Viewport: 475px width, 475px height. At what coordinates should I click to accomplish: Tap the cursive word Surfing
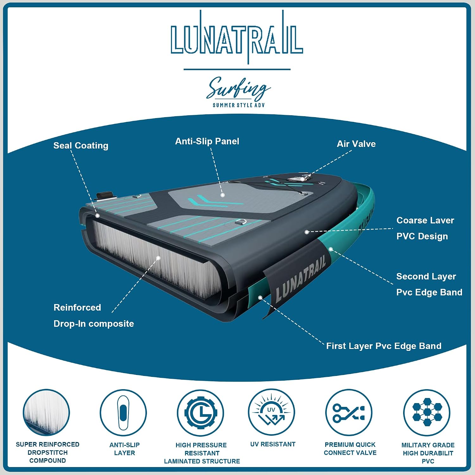238,88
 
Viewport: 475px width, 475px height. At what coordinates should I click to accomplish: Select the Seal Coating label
81,146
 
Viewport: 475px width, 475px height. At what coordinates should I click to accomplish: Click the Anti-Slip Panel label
207,141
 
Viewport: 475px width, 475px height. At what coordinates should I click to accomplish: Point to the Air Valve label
356,144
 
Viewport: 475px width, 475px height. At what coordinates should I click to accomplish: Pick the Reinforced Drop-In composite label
94,315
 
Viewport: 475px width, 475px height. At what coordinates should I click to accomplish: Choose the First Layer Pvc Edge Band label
384,346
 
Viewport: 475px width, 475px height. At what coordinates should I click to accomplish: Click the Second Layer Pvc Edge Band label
429,284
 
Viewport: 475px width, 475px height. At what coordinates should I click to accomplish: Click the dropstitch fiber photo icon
47,413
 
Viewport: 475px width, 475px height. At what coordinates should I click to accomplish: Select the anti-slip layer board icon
123,413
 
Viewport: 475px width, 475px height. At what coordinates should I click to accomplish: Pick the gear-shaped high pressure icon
200,413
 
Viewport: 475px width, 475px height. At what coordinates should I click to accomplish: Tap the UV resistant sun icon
272,412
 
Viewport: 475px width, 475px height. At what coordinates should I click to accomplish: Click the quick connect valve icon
349,413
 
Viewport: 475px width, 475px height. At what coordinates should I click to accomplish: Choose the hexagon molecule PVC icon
427,413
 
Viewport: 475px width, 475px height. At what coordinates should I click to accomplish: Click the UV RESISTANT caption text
273,444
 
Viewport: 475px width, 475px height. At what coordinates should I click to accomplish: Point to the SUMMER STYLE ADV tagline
239,105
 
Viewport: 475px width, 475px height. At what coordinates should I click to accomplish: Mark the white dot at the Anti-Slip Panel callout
223,195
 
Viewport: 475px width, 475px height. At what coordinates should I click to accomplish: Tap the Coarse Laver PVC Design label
425,228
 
